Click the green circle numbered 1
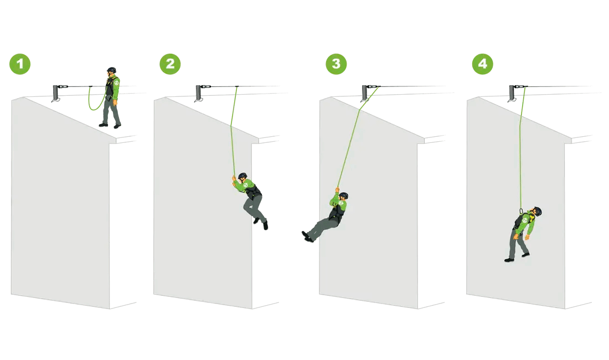tap(20, 64)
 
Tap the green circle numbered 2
tap(170, 64)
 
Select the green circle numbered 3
tap(337, 64)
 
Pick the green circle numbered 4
tap(483, 64)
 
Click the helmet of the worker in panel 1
tap(112, 70)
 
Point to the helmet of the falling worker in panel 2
tap(242, 176)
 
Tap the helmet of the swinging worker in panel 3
tap(344, 196)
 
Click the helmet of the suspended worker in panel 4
tap(538, 211)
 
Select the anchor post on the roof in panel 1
tap(55, 92)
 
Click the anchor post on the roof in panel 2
tap(198, 92)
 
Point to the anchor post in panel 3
tap(365, 92)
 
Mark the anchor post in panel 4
tap(512, 92)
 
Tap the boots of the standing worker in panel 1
tap(110, 125)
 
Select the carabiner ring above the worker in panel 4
tap(521, 211)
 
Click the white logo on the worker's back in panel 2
tap(245, 185)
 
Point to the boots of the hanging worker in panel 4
tap(517, 258)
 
